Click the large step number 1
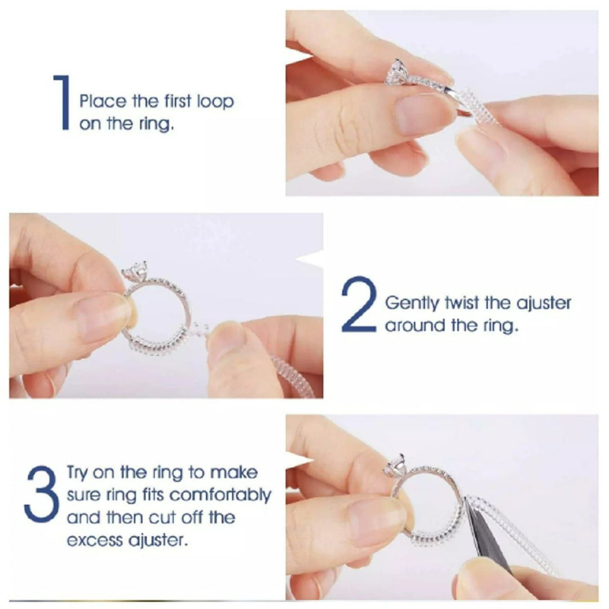[x=63, y=102]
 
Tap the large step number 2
[x=359, y=304]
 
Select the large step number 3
[x=41, y=494]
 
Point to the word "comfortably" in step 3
[x=220, y=495]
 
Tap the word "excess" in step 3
[x=94, y=540]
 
